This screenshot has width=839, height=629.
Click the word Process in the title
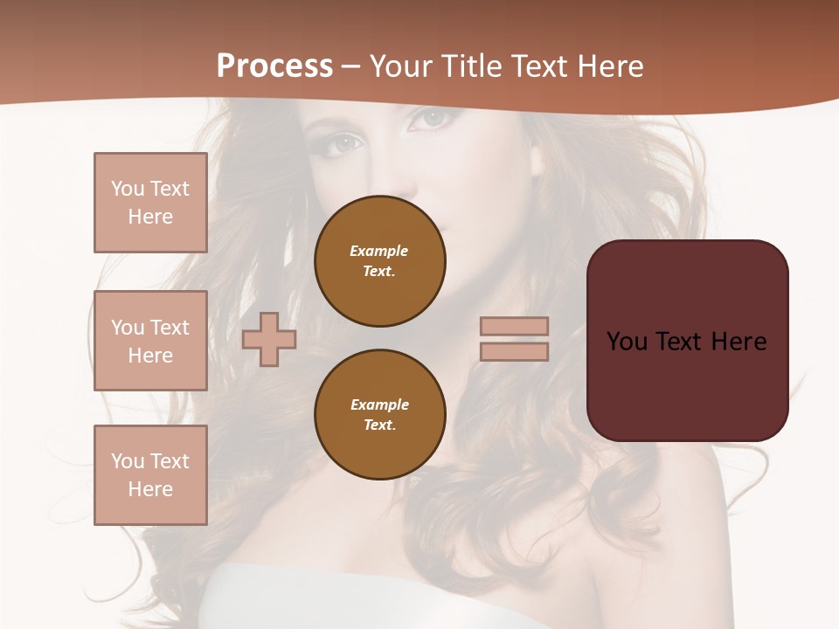[274, 66]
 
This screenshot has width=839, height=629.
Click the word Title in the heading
[470, 66]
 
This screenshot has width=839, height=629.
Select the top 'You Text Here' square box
[150, 203]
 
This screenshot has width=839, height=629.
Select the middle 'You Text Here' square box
[150, 341]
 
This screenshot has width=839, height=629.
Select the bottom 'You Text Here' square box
[150, 475]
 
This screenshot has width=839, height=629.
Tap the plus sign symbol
[269, 339]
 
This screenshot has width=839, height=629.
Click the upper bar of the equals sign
[515, 326]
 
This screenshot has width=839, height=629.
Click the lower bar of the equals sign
[515, 351]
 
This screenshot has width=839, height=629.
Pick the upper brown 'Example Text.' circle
[380, 260]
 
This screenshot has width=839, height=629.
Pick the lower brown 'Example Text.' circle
[380, 414]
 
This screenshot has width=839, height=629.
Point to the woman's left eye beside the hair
[344, 142]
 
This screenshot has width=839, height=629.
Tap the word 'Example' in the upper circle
[379, 251]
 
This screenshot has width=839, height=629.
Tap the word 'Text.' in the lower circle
[379, 425]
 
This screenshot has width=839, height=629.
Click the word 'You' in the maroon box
[626, 342]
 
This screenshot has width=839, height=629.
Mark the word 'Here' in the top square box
[150, 217]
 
